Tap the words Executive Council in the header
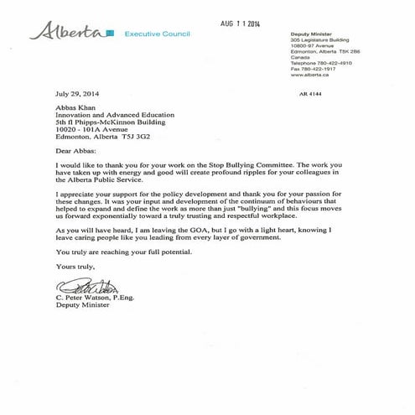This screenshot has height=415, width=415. pos(157,34)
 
